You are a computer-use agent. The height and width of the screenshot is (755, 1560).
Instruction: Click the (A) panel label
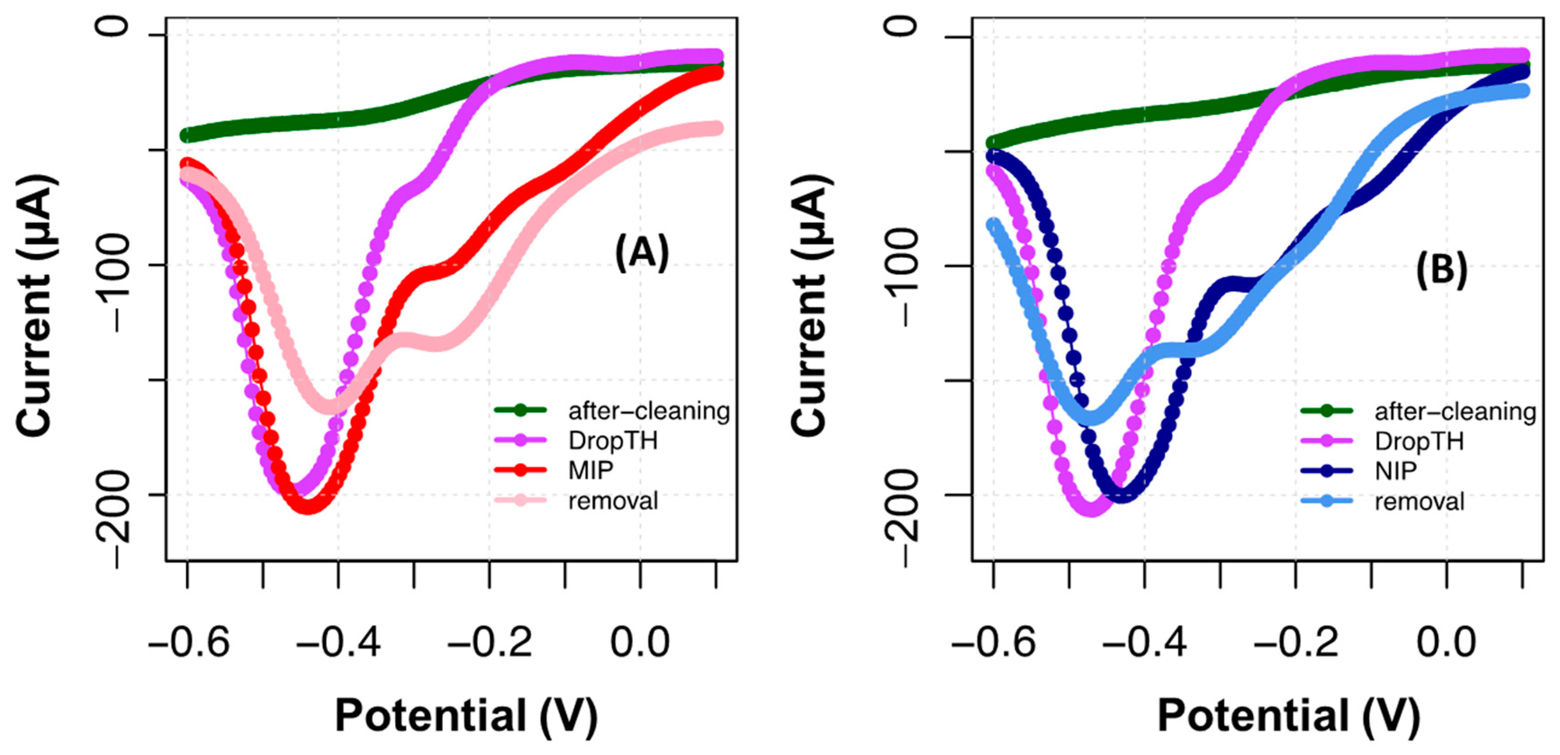(641, 252)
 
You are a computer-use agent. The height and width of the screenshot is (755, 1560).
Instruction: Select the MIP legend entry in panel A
(590, 470)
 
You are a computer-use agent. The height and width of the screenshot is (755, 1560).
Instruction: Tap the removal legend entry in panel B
(1419, 501)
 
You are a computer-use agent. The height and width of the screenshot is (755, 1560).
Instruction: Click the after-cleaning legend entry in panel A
(648, 411)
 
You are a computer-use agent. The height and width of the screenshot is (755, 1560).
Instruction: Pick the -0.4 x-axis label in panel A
(338, 643)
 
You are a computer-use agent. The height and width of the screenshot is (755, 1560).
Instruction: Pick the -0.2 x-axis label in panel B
(1295, 643)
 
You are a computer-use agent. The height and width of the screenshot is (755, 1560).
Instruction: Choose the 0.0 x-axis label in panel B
(1446, 643)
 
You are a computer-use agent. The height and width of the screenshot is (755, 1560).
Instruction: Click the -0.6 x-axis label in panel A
(189, 643)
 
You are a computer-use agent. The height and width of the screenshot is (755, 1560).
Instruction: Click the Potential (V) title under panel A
(466, 716)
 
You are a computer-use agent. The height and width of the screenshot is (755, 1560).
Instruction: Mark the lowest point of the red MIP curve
(309, 506)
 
